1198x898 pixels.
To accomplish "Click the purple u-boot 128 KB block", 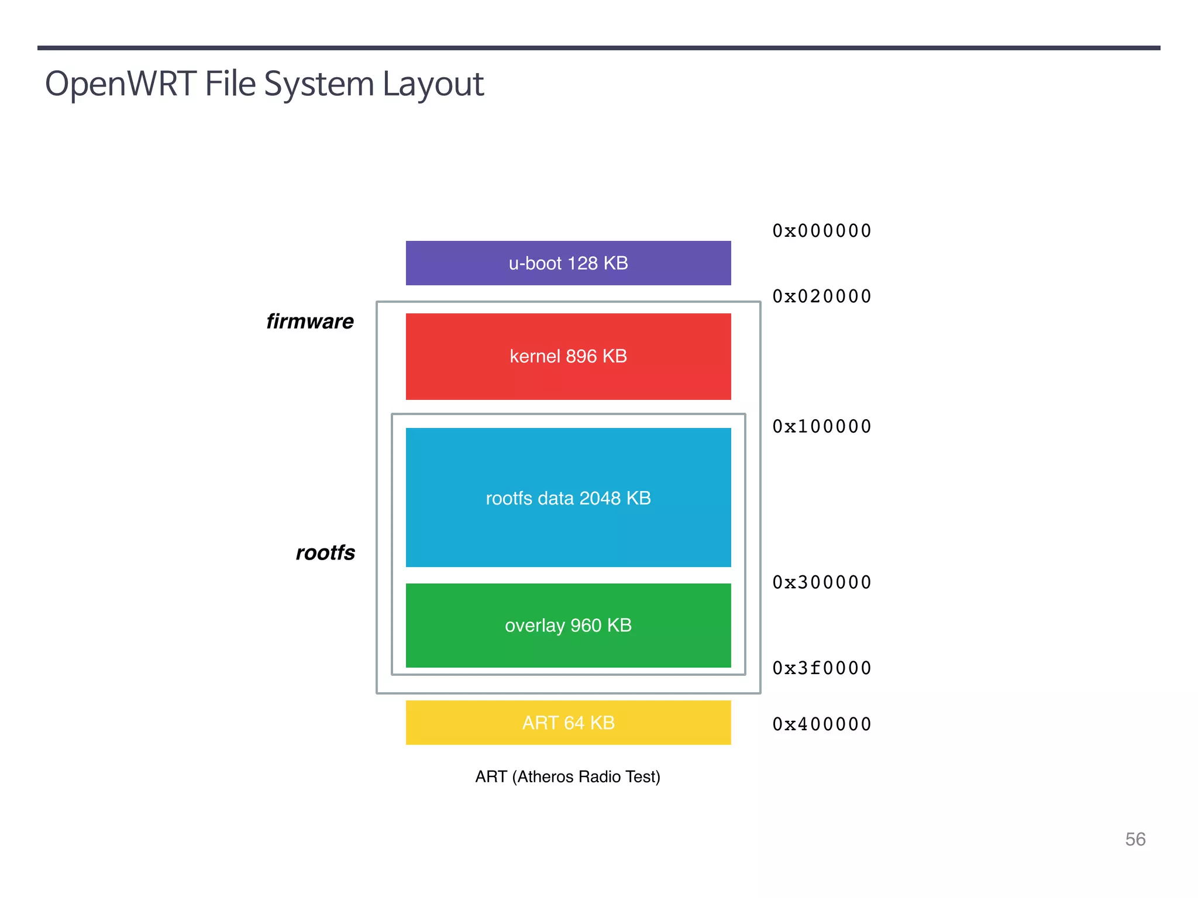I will tap(568, 263).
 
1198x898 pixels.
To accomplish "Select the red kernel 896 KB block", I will tap(568, 356).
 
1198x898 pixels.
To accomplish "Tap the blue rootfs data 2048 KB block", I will tap(568, 498).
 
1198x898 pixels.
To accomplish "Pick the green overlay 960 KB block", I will tap(568, 625).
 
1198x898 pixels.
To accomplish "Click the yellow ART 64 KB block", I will tap(568, 723).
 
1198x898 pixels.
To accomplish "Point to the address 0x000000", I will tap(822, 231).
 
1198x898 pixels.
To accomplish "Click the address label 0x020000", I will tap(822, 296).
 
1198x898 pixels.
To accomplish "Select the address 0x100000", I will tap(822, 427).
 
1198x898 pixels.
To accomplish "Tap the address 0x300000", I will tap(822, 582).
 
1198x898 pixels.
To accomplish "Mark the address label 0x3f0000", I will tap(822, 668).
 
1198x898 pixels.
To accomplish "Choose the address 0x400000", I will tap(822, 724).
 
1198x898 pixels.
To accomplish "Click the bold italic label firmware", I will tap(310, 322).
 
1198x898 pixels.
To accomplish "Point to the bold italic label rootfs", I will tap(325, 552).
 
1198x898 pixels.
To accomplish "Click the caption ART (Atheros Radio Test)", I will tap(567, 776).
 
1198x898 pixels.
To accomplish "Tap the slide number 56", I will tap(1135, 839).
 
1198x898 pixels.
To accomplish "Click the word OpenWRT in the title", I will tap(121, 84).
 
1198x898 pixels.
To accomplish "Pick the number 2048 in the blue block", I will tap(600, 498).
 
